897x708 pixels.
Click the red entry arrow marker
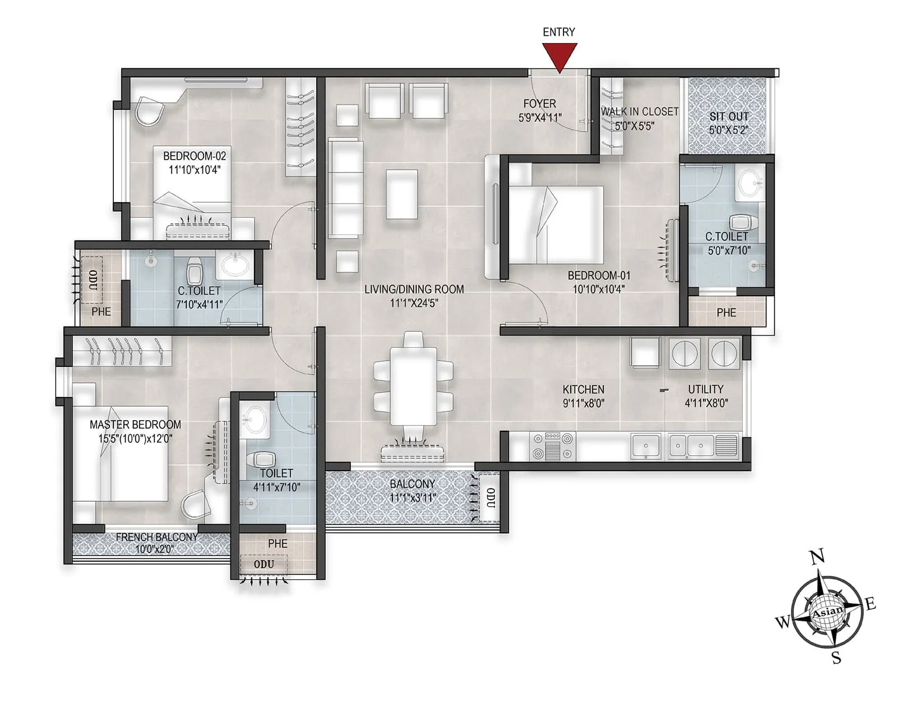tap(559, 57)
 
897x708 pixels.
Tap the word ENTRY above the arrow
tap(558, 32)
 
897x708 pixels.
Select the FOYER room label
tap(539, 104)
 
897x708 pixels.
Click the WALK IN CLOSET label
tap(640, 112)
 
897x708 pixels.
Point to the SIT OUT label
tap(729, 117)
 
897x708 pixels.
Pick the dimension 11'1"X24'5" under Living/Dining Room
tap(414, 304)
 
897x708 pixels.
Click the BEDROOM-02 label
tap(195, 156)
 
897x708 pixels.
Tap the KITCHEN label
tap(584, 389)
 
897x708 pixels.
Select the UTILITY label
tap(705, 389)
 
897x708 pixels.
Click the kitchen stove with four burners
tap(553, 446)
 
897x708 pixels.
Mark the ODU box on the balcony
tap(489, 498)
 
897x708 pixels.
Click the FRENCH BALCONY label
tap(156, 537)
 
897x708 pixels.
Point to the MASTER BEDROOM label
tap(135, 425)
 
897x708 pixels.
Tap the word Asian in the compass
tap(827, 613)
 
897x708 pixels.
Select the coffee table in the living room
tap(401, 194)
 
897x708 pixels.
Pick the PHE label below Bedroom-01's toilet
tap(726, 313)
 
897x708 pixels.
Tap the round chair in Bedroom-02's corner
tap(149, 111)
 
